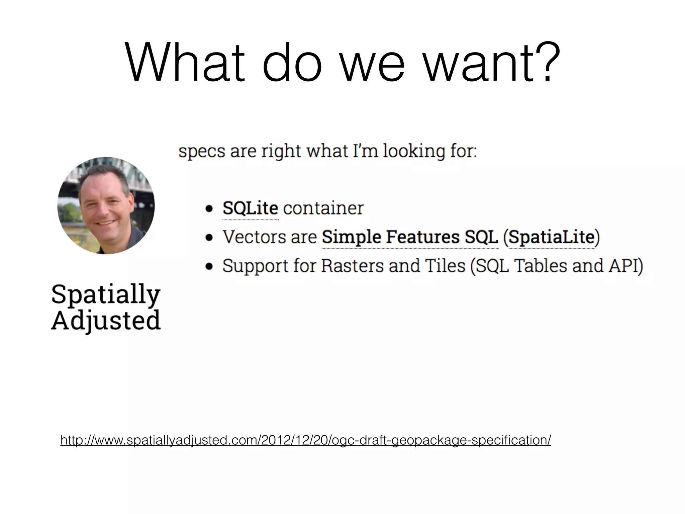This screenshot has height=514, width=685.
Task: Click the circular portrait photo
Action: click(x=106, y=205)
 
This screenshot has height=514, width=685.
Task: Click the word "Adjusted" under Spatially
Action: click(x=106, y=321)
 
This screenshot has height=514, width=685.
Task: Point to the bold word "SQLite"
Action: click(x=250, y=208)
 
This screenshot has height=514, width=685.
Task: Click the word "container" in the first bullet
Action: click(x=323, y=208)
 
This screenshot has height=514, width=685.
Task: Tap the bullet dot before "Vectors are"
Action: click(x=209, y=238)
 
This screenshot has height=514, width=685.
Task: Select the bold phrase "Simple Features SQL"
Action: click(x=410, y=237)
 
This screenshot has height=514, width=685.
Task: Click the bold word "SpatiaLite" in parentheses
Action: click(x=552, y=237)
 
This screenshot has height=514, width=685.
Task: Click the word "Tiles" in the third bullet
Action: click(x=445, y=266)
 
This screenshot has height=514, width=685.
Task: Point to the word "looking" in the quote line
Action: click(x=413, y=151)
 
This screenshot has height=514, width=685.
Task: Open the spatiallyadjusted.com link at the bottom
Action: click(x=306, y=440)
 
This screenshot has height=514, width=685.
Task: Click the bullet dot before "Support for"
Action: click(x=209, y=266)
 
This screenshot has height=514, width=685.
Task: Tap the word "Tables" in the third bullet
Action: click(x=540, y=266)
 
